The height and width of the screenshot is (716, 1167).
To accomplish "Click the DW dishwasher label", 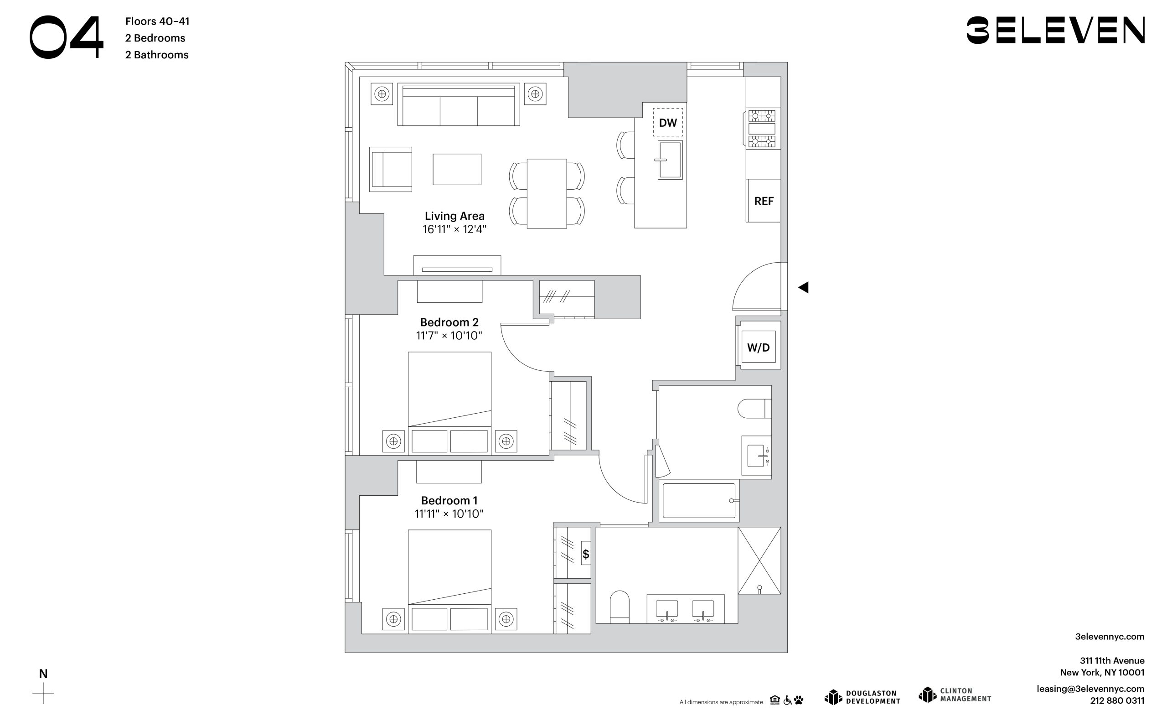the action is tap(668, 123).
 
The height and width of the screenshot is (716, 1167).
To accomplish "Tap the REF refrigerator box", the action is tap(763, 201).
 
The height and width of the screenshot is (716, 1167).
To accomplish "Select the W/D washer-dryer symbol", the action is tap(758, 347).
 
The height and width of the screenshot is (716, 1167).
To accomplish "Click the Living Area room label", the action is tap(454, 216).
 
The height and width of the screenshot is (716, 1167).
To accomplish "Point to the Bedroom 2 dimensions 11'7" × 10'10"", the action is tap(449, 336).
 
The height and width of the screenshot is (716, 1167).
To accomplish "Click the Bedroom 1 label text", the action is tap(449, 500).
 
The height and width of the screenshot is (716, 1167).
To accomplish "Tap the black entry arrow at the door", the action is tap(803, 287).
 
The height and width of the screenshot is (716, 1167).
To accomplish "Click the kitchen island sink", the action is tap(670, 160).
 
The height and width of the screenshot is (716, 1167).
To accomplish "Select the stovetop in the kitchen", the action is tap(762, 129).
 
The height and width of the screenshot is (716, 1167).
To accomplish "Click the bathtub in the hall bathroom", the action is tap(699, 501).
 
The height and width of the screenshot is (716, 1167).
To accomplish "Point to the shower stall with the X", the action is tap(759, 560).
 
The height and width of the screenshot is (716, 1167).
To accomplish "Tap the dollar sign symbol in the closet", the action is tap(586, 554).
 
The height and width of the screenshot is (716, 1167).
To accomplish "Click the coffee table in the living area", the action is tap(457, 169).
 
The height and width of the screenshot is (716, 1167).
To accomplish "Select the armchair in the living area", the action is tap(391, 169).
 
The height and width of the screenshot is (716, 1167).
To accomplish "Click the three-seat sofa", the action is tap(459, 105).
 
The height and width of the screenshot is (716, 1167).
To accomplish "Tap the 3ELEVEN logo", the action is tap(1055, 30).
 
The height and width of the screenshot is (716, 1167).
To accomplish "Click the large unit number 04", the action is tap(67, 37).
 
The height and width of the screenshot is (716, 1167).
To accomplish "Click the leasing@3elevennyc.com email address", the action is tap(1090, 689).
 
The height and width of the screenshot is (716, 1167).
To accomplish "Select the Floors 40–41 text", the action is tap(157, 21).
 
